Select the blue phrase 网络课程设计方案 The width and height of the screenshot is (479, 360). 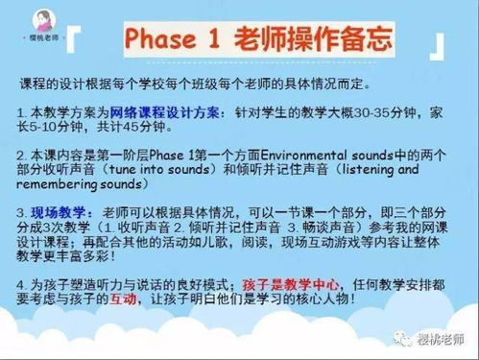pyautogui.click(x=149, y=111)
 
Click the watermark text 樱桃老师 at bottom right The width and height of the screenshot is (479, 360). pyautogui.click(x=447, y=340)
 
